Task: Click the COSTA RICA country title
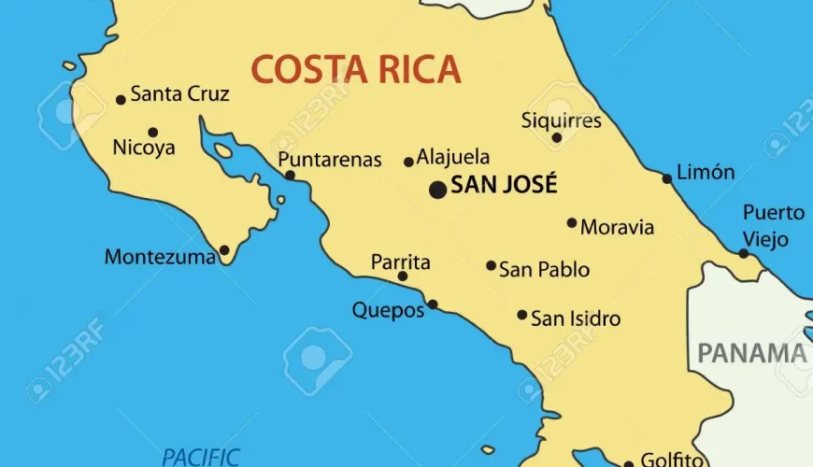click(x=355, y=69)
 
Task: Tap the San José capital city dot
click(x=437, y=190)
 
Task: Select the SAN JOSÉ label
click(x=504, y=184)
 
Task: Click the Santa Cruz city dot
click(x=121, y=100)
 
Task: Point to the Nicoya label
click(x=143, y=148)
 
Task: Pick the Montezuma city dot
click(x=224, y=250)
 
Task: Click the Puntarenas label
click(x=330, y=160)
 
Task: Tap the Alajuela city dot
click(x=408, y=162)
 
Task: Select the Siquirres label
click(x=561, y=120)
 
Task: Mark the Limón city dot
click(x=667, y=178)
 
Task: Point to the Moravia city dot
click(x=572, y=222)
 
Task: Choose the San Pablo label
click(x=544, y=270)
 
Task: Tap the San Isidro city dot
click(x=522, y=315)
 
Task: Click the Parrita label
click(x=401, y=262)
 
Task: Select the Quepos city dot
click(x=432, y=304)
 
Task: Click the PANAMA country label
click(x=752, y=353)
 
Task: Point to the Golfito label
click(x=670, y=460)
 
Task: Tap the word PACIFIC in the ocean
click(x=201, y=457)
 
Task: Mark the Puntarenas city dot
click(x=290, y=175)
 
